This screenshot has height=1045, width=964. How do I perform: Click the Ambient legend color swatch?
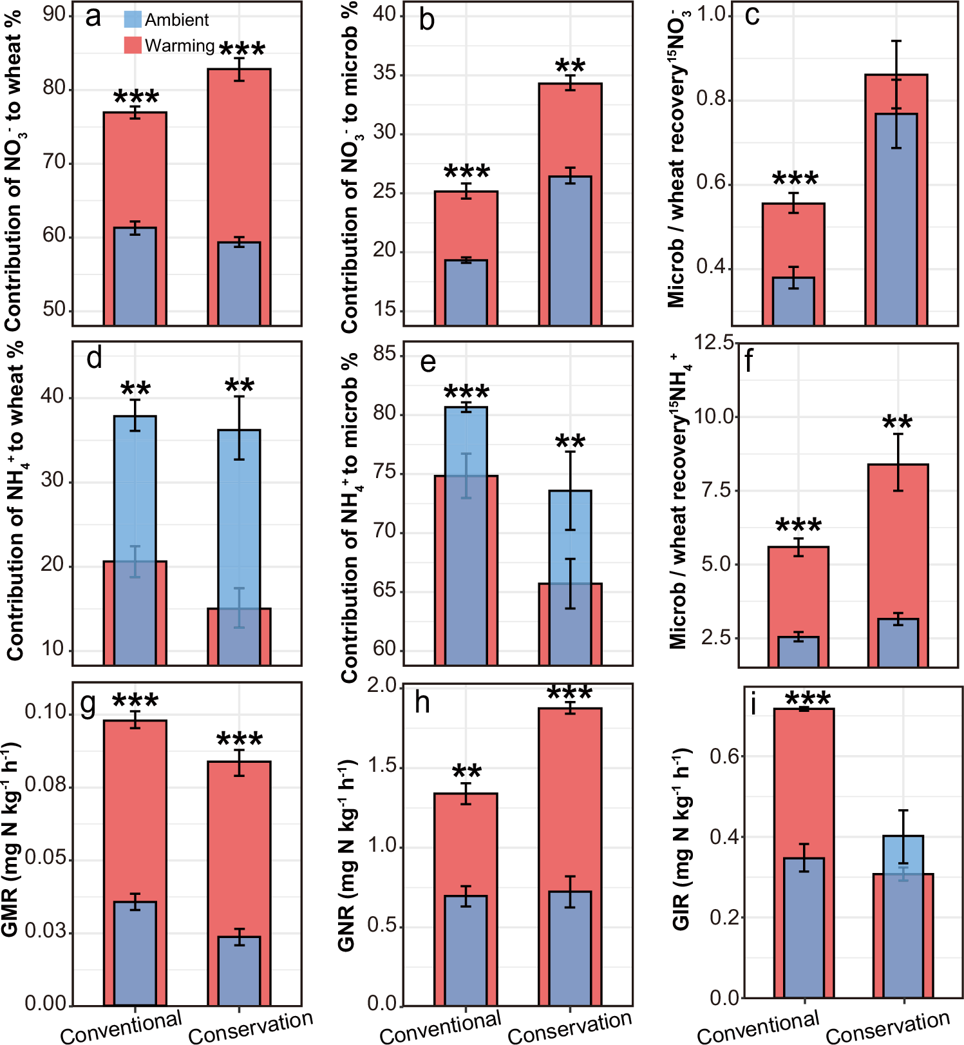133,19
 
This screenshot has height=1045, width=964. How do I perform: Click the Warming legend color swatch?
133,45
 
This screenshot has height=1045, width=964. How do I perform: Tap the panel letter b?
426,20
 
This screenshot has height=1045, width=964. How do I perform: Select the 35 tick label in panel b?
385,73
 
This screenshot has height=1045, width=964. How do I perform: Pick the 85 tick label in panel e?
385,354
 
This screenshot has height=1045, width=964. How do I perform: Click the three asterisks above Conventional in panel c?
795,179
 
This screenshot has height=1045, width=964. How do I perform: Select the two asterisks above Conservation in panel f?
897,424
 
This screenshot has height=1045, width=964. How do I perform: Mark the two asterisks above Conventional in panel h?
467,772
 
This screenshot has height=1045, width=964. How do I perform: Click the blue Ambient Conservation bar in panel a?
239,283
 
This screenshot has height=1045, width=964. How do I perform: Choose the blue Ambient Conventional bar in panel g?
135,954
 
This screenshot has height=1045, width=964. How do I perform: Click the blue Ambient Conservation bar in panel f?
898,642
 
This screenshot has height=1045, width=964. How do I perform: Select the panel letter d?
94,358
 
